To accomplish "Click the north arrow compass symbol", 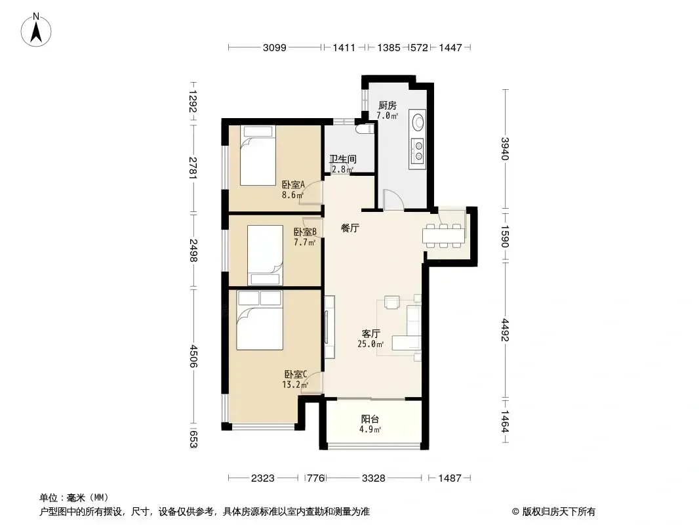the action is (36, 30).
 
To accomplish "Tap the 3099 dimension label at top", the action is (274, 47).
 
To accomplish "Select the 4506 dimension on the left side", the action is (193, 356).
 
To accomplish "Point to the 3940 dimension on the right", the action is (505, 148).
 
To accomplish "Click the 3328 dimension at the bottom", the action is (373, 478).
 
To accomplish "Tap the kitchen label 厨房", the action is (387, 106).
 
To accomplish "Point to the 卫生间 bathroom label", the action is (343, 159).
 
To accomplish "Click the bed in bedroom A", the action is (258, 156).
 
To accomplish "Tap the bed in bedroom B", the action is (265, 255).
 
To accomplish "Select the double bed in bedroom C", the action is (260, 320).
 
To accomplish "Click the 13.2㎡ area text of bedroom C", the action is (294, 385).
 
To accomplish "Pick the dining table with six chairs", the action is (443, 235).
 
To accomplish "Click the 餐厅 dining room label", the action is (350, 228).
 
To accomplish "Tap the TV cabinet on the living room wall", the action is (329, 327).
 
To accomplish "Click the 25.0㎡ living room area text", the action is (370, 344).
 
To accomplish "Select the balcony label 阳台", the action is (370, 419).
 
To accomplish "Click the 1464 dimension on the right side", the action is (505, 421).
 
